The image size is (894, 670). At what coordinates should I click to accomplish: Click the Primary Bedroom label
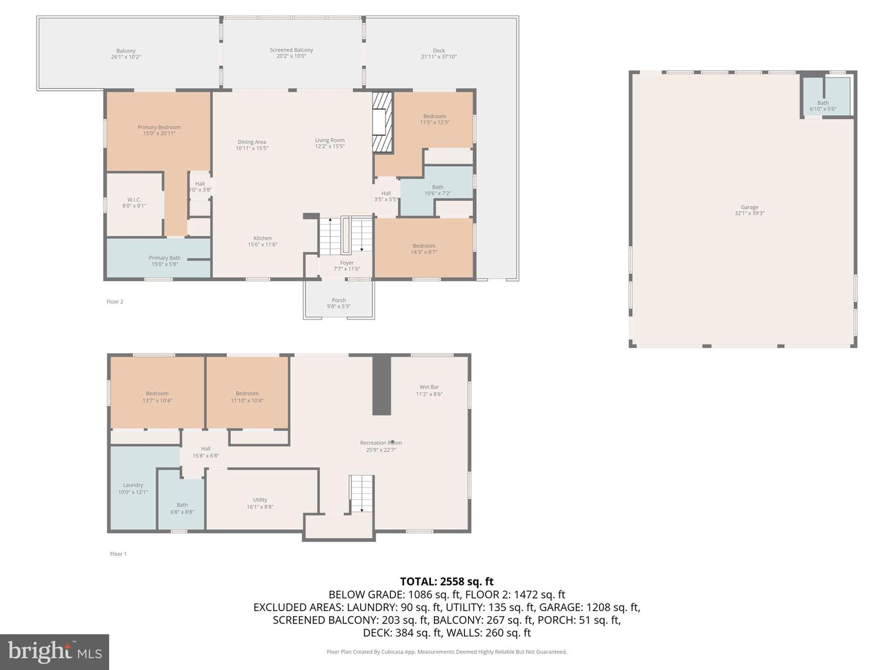point(159,127)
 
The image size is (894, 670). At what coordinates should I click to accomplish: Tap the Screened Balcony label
point(291,50)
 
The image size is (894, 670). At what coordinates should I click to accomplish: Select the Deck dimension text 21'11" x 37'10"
point(439,57)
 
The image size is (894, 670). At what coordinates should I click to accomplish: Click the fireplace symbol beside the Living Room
point(382,122)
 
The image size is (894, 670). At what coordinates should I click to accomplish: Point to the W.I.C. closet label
point(134,200)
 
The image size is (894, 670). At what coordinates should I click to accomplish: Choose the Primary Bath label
point(165,258)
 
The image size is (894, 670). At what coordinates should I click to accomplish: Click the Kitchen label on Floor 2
point(263,238)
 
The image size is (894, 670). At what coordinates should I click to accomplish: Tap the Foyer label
point(346,263)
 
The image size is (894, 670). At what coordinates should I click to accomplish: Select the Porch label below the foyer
point(338,300)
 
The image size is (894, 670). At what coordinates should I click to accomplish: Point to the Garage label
point(749,207)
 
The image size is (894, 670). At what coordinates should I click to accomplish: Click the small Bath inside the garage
point(823,103)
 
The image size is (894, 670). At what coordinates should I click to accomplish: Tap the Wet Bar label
point(429,387)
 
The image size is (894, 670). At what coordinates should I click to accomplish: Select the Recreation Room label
point(381,443)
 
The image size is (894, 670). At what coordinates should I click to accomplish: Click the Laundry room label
point(133,485)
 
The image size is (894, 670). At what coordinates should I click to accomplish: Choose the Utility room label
point(260,500)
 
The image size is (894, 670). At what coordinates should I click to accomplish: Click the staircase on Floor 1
point(361,494)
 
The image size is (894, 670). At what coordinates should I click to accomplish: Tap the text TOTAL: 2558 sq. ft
point(446,581)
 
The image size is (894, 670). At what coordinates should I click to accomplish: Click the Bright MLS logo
point(55,651)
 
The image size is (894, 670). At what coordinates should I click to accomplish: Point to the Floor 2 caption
point(115,302)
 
